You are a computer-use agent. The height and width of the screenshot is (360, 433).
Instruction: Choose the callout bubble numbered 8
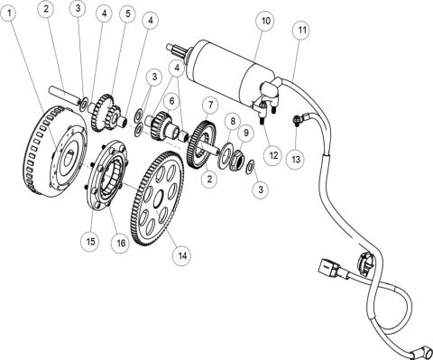(232, 120)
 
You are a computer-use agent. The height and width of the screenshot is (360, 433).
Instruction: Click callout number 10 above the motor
(265, 18)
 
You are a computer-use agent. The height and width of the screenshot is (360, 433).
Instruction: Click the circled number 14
(183, 255)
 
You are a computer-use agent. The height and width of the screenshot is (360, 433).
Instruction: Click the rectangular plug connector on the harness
(327, 269)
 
